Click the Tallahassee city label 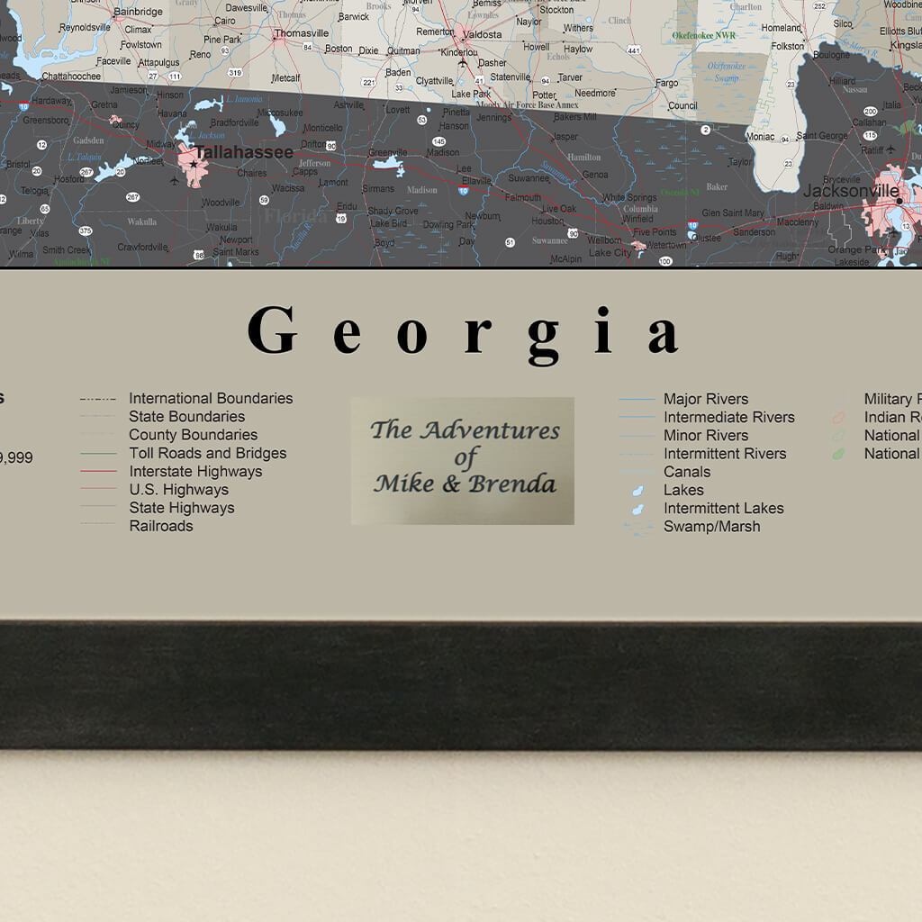(x=244, y=152)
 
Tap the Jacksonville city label (x=851, y=191)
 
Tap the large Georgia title (x=463, y=331)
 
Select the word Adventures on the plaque (x=490, y=429)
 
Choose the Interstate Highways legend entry (x=195, y=471)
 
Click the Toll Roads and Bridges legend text (x=207, y=453)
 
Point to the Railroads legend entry (x=160, y=526)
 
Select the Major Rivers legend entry (x=706, y=399)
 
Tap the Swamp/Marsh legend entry (x=711, y=526)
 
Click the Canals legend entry (x=687, y=471)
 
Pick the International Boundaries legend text (x=211, y=398)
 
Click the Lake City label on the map (x=610, y=253)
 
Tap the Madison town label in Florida (x=442, y=152)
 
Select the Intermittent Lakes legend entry (x=723, y=508)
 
